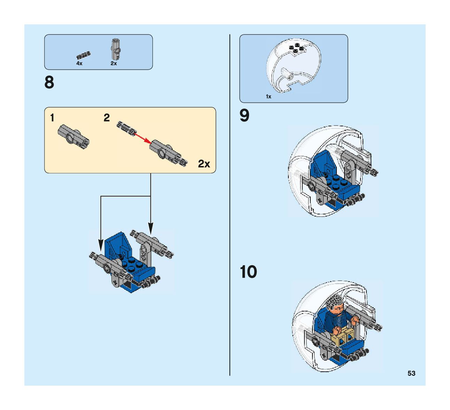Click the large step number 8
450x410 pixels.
click(x=49, y=83)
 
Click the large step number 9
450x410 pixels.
click(x=245, y=116)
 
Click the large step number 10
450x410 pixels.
click(x=248, y=272)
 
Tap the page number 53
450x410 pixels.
click(x=411, y=373)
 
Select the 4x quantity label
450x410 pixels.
click(x=79, y=64)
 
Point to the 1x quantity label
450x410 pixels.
click(x=268, y=97)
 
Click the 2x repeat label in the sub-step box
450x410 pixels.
click(x=204, y=164)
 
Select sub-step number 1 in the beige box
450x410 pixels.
click(x=52, y=118)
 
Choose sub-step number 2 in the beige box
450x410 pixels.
click(x=107, y=118)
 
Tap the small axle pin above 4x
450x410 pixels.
click(x=84, y=55)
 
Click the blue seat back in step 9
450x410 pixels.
click(x=323, y=164)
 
